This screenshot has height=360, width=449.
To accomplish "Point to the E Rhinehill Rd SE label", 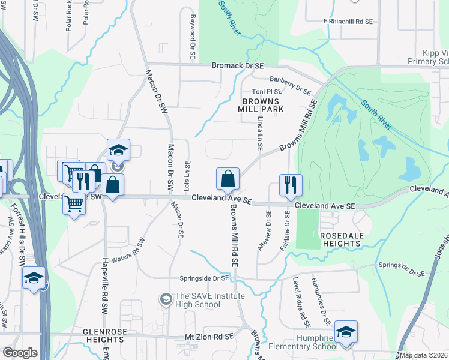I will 348,21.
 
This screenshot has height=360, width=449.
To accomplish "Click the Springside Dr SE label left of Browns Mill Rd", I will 203,278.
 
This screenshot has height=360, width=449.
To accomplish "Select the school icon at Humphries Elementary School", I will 346,332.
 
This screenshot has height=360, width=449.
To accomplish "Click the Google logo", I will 20,353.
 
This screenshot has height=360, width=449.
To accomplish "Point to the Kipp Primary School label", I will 426,57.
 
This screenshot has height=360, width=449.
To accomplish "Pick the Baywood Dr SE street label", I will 193,37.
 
